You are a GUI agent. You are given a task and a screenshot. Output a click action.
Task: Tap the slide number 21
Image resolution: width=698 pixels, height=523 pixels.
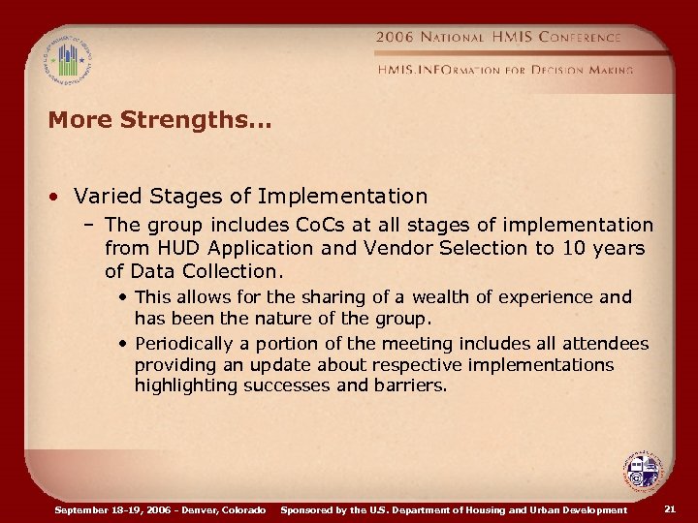(x=670, y=509)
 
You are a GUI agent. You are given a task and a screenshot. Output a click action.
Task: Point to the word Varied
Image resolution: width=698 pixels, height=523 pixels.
(x=107, y=196)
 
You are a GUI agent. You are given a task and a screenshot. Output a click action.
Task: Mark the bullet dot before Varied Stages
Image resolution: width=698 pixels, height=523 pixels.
(x=58, y=197)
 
